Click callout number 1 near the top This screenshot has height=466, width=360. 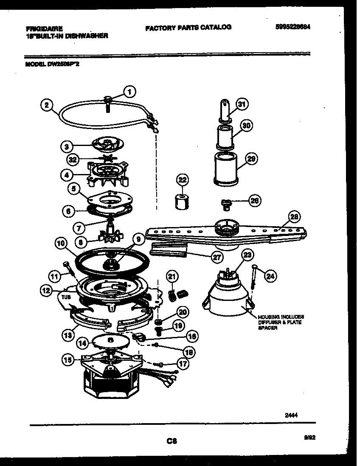coord(129,91)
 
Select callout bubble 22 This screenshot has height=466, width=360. coord(182,180)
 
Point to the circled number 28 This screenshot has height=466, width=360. coord(294,217)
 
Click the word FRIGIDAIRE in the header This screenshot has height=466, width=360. coord(44,28)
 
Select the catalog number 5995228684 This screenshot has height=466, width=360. coord(292,26)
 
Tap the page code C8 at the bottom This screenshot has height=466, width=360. coord(171,441)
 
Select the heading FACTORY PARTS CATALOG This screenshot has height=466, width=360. coord(188,27)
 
